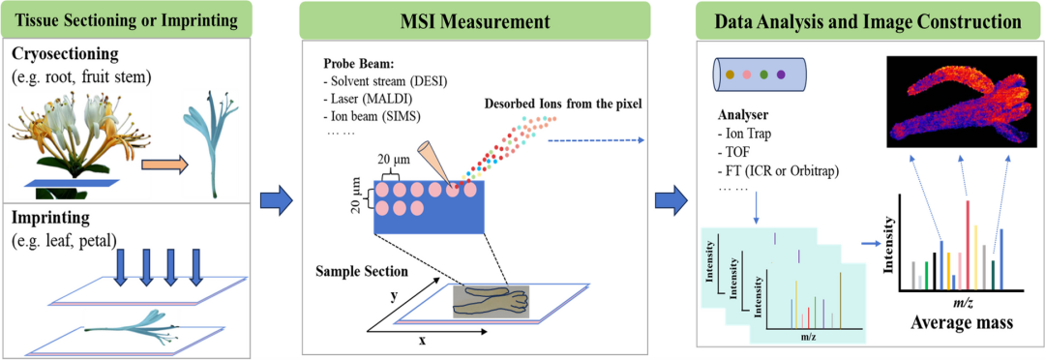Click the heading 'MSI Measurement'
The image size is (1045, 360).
(x=474, y=20)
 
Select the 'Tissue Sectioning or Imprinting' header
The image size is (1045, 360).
(x=126, y=20)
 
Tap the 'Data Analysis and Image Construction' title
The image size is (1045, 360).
(x=868, y=20)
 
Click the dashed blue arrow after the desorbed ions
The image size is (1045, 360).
(x=596, y=140)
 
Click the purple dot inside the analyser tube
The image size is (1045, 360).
(x=781, y=73)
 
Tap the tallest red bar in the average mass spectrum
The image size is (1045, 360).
(x=967, y=246)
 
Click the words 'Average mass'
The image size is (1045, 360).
(x=954, y=324)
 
